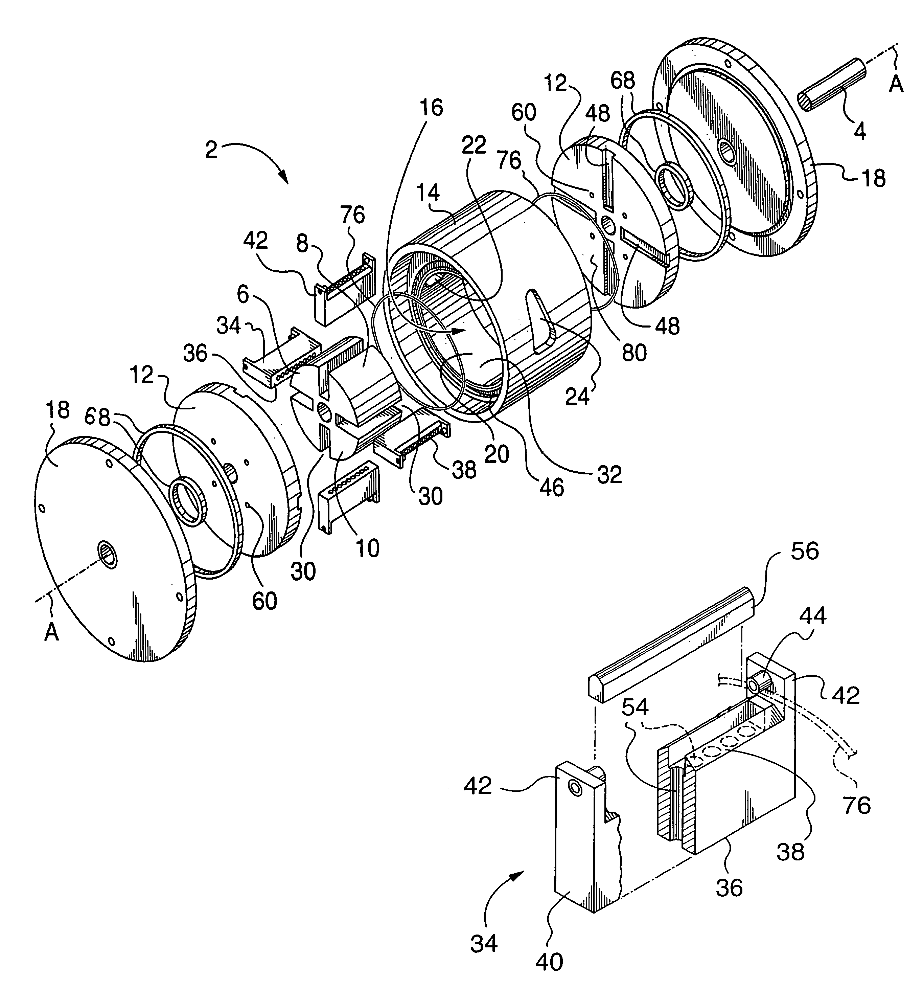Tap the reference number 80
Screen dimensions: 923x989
(x=634, y=352)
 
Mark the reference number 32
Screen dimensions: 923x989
(x=609, y=475)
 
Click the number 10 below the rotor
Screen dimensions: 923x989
(x=368, y=548)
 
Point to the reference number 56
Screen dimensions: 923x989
(x=804, y=551)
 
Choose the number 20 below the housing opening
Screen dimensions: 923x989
(x=497, y=454)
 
